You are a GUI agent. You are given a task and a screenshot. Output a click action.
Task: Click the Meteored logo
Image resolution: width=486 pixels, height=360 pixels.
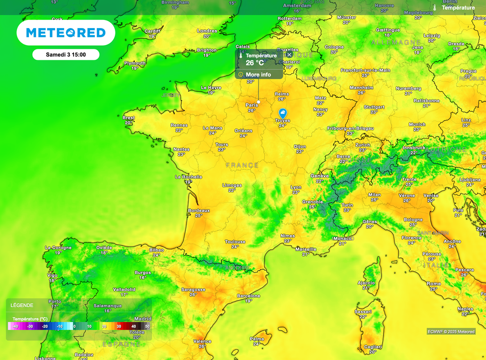(65, 32)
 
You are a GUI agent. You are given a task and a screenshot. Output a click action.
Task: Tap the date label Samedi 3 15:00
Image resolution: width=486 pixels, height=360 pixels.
(65, 55)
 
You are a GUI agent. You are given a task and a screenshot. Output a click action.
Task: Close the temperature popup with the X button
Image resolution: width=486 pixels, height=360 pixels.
(289, 55)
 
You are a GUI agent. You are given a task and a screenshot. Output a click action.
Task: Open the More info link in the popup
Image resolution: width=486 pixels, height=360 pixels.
(258, 75)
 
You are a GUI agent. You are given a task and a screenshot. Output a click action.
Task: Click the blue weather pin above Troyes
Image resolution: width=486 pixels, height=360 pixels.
(282, 113)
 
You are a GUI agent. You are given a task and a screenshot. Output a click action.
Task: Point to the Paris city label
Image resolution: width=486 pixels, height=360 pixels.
(252, 105)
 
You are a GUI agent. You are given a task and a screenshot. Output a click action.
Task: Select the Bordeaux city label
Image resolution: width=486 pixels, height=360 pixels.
(199, 210)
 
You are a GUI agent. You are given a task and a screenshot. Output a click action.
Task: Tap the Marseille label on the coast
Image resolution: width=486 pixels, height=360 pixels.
(306, 249)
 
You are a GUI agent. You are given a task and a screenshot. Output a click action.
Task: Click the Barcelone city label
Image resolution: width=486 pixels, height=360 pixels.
(249, 296)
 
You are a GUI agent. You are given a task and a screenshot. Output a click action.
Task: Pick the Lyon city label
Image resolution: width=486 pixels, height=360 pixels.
(296, 187)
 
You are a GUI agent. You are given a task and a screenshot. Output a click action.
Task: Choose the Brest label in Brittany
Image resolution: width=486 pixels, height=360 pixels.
(129, 118)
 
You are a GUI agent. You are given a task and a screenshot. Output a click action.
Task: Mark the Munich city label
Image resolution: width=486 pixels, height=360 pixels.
(417, 124)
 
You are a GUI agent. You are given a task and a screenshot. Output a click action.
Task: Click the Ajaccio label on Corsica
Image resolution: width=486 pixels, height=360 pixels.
(366, 283)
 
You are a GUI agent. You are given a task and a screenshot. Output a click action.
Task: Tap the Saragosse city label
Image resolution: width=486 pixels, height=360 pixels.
(193, 289)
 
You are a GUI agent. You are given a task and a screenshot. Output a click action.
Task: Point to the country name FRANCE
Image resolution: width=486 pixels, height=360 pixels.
(242, 165)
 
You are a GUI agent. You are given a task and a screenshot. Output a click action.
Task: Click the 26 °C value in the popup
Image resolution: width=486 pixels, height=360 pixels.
(255, 63)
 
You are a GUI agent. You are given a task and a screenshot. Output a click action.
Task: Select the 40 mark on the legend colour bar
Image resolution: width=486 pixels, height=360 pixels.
(133, 326)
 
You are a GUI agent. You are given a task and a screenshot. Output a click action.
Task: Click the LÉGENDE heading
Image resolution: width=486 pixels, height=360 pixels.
(22, 305)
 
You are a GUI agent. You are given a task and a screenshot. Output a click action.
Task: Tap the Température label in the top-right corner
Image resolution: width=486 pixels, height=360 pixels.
(458, 8)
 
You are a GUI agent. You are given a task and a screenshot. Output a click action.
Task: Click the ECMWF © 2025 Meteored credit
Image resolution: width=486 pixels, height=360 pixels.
(451, 332)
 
